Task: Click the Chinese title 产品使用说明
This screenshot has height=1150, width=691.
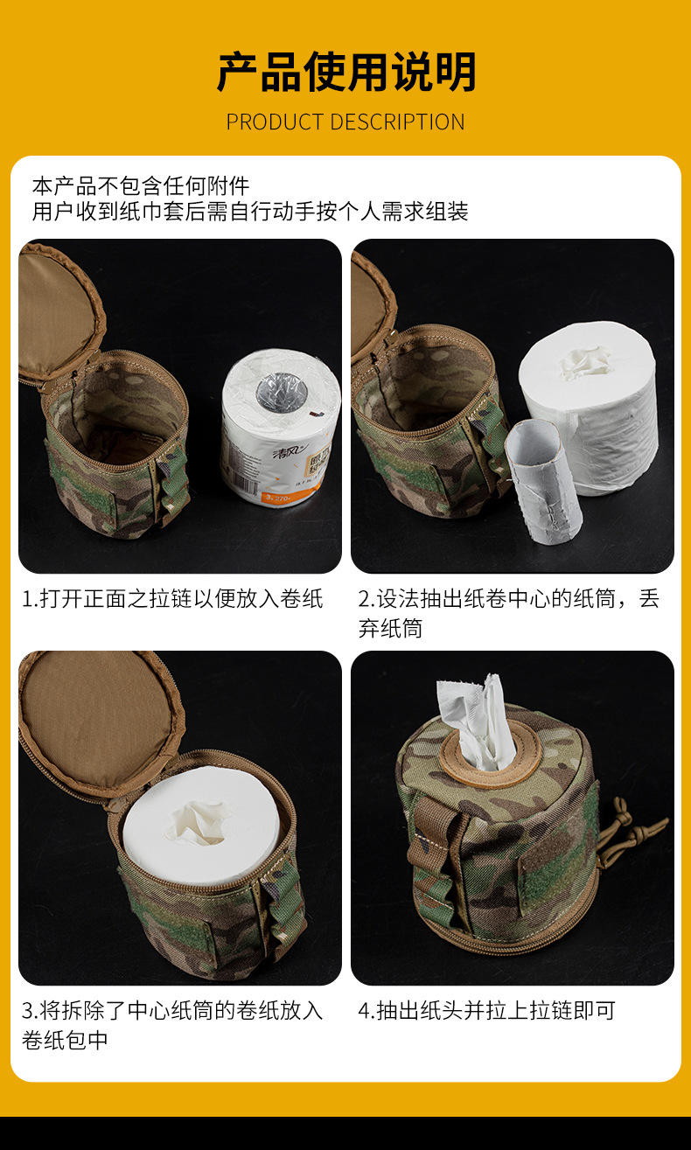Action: (345, 72)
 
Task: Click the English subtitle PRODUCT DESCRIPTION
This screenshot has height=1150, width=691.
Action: (345, 122)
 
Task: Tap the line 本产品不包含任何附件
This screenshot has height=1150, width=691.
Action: (141, 185)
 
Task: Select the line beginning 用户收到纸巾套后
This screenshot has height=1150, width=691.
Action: (250, 211)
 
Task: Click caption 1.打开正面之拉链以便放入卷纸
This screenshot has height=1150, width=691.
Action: (172, 599)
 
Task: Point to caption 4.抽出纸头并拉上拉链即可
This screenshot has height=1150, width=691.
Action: (486, 1011)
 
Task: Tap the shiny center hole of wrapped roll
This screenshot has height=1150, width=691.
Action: (279, 393)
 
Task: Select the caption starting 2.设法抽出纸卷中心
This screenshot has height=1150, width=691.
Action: (508, 613)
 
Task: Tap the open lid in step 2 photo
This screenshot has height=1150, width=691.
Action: (372, 306)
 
